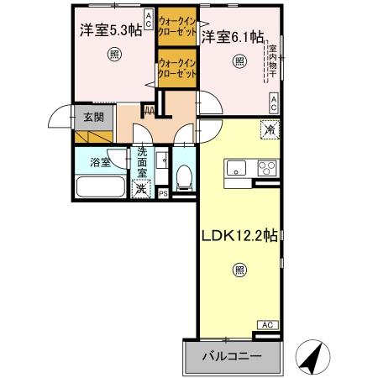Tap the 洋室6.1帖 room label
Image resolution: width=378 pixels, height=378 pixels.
tap(233, 37)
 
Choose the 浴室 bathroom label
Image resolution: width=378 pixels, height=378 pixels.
tap(101, 162)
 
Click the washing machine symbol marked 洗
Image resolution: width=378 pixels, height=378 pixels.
tap(142, 188)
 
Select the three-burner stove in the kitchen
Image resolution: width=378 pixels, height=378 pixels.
tap(268, 165)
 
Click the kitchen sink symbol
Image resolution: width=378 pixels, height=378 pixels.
tap(234, 165)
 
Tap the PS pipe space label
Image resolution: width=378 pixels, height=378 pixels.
tap(163, 193)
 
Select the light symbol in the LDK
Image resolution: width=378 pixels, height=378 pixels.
tap(239, 270)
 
